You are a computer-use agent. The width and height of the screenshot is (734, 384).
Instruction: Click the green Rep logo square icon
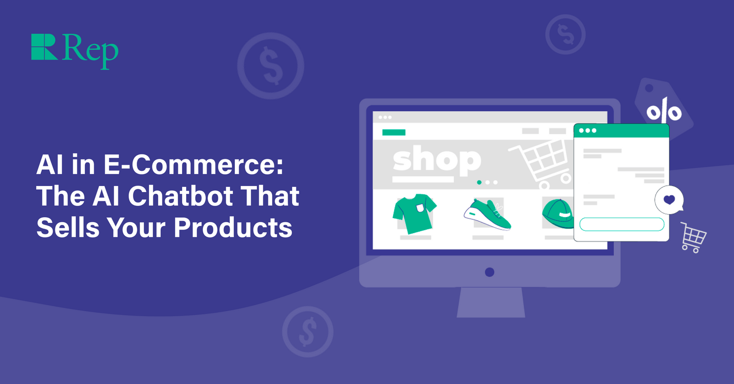pos(44,47)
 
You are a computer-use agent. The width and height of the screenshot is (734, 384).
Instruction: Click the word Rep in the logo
pos(90,49)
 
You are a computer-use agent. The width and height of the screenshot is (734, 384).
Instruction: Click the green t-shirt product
pos(414,213)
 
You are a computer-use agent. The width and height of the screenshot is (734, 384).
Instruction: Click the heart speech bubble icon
pos(669,200)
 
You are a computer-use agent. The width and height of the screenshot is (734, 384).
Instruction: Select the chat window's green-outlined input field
pos(622,224)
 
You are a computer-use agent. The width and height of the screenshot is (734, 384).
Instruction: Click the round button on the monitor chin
pos(489,272)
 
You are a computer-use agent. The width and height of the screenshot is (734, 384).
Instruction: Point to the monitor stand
pos(490,302)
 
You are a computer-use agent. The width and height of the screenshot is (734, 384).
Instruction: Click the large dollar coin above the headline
pos(271,66)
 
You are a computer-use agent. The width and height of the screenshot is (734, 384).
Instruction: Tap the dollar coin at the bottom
pos(307,332)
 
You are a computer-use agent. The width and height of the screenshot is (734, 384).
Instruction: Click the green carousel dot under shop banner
pos(479,182)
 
